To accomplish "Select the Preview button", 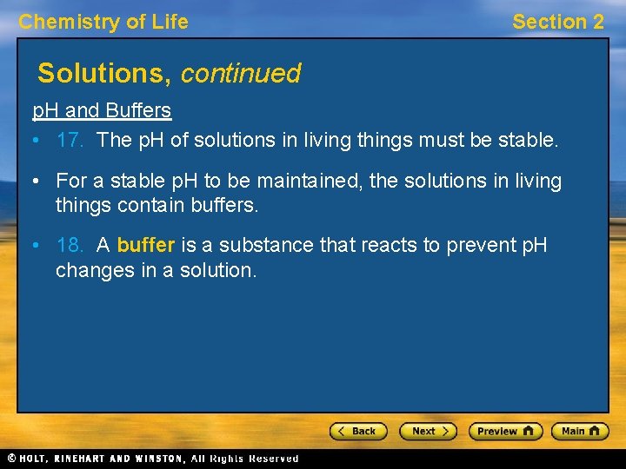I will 504,431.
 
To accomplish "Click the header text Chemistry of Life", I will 103,23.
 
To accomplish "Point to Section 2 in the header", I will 557,23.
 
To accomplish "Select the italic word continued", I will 241,74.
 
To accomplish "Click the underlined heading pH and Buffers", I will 102,111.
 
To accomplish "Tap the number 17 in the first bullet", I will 68,139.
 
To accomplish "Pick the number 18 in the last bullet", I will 68,246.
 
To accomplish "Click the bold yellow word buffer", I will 146,246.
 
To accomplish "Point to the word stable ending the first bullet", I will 526,139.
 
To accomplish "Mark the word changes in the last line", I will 89,270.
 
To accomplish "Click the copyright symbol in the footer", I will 11,458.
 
